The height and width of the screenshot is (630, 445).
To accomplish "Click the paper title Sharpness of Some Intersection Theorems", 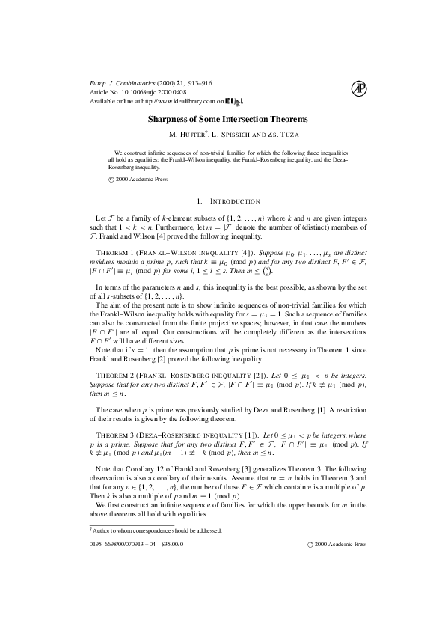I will click(x=222, y=119).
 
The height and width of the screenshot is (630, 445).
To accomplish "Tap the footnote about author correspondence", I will click(x=154, y=530).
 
